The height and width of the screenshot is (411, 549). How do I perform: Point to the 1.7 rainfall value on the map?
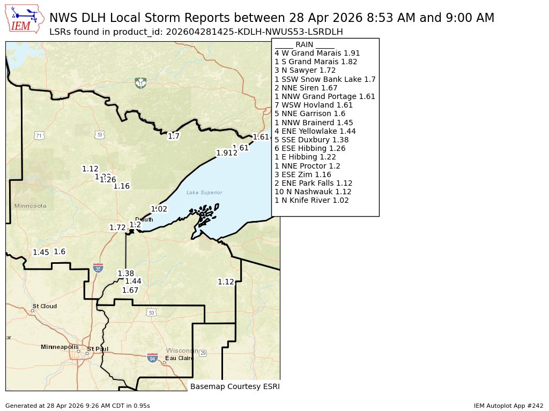(174, 136)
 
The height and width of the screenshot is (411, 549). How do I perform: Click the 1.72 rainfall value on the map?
(117, 227)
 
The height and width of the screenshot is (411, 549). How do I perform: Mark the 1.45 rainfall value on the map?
(41, 252)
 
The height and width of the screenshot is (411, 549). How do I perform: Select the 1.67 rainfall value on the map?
(130, 290)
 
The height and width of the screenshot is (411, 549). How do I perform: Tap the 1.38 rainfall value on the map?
(125, 273)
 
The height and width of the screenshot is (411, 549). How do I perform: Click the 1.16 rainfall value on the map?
(122, 186)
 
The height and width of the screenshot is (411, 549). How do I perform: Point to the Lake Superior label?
(204, 193)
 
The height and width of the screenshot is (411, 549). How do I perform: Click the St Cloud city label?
(47, 306)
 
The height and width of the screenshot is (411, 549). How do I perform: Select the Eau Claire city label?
(179, 358)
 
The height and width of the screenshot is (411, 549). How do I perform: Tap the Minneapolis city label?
(60, 347)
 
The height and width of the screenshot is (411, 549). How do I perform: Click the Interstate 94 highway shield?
(153, 357)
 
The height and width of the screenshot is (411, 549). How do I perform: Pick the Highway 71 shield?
(39, 136)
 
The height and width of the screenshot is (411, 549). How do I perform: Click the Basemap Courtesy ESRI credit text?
(235, 386)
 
